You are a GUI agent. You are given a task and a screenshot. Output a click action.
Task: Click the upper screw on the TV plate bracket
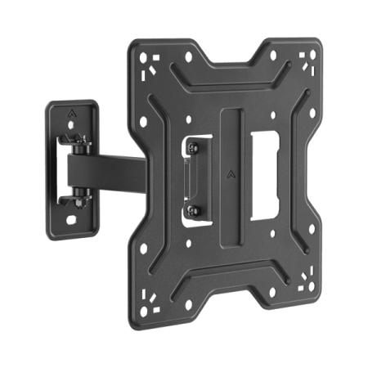tap(193, 147)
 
